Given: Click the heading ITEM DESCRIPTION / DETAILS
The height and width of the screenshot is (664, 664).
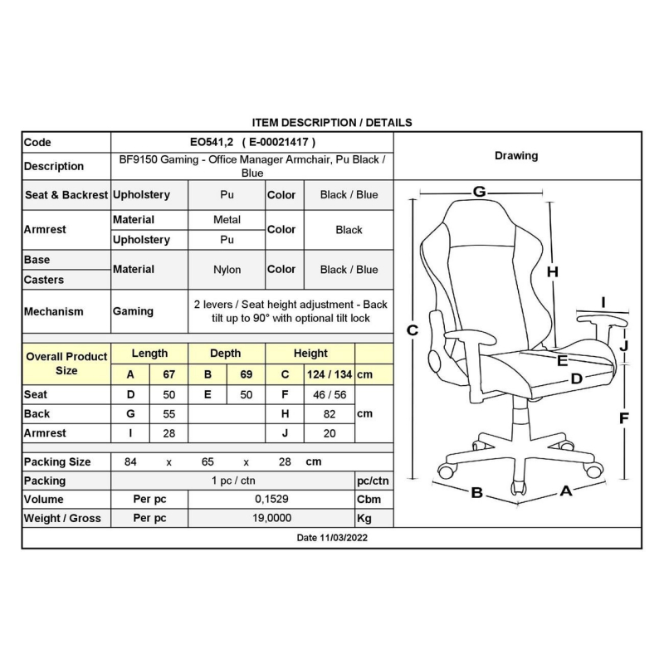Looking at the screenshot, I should [x=331, y=122].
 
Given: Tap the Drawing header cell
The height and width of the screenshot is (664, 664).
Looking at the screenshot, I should [x=515, y=155].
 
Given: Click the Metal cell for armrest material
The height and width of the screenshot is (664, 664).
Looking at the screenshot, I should [x=227, y=220].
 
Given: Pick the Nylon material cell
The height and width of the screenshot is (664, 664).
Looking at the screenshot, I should [x=227, y=270].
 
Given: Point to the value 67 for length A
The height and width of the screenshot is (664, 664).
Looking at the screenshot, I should [x=168, y=374].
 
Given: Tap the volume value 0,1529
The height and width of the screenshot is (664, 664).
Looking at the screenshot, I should [x=271, y=500].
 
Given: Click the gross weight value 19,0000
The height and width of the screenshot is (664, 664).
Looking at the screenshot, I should [x=271, y=519].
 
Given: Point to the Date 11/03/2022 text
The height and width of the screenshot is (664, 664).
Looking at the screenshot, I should [x=331, y=538].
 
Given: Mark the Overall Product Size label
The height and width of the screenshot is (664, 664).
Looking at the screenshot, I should [x=66, y=364].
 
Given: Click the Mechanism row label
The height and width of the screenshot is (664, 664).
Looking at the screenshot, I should [x=53, y=311].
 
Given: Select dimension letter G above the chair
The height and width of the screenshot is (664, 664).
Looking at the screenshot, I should [x=479, y=192].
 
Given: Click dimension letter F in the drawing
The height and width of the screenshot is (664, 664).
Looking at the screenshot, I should [x=624, y=418].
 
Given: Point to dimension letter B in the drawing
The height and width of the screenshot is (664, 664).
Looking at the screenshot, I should [x=477, y=492].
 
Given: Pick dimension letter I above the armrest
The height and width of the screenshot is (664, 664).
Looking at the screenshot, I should [x=603, y=302].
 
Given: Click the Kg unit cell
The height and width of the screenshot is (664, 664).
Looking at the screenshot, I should [x=364, y=519].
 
